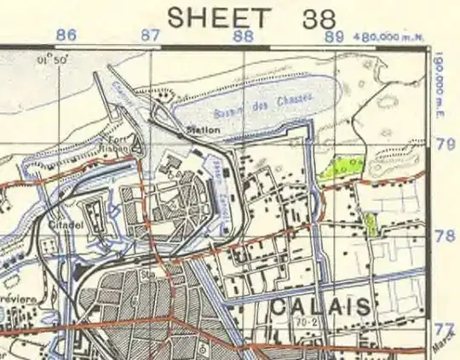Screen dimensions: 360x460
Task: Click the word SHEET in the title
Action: [x=220, y=15]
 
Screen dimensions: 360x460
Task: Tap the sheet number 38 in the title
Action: [x=313, y=15]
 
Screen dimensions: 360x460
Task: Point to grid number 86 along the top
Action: [x=66, y=36]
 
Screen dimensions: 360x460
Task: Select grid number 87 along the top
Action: [x=150, y=36]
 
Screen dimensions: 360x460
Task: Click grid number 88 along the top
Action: [x=244, y=36]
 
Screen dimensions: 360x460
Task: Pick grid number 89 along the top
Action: [x=334, y=36]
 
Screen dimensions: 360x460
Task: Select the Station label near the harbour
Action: [x=204, y=130]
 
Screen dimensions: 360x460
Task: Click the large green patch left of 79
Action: [x=342, y=164]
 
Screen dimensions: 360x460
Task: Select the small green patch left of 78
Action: [x=371, y=224]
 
